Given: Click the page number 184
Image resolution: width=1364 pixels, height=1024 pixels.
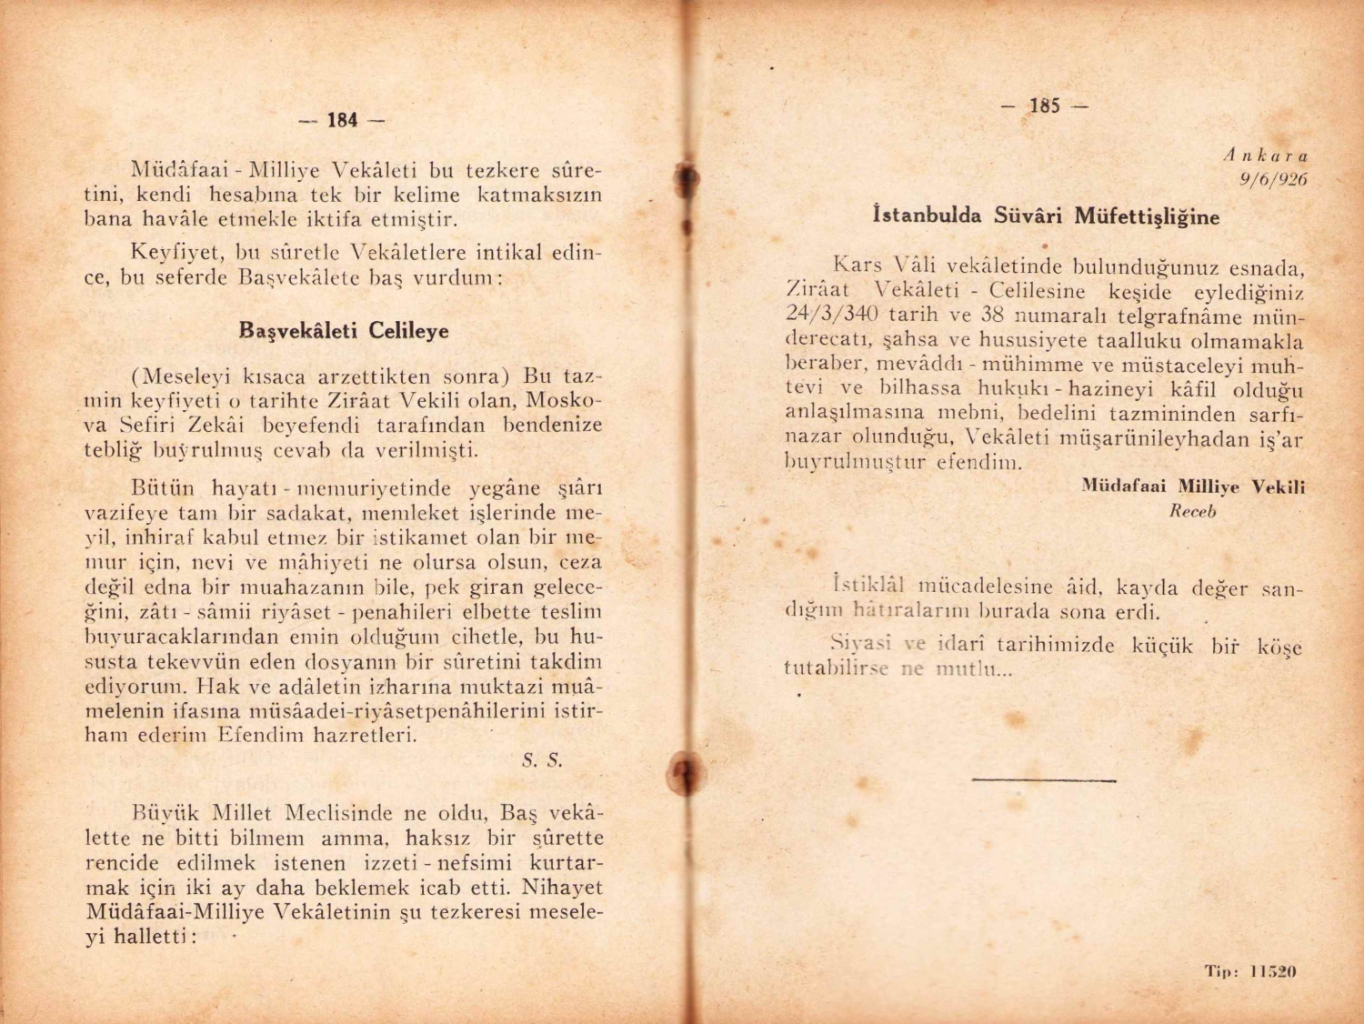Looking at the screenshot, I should tap(342, 120).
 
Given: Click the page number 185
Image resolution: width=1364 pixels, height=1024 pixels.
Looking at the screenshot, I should tap(1045, 105).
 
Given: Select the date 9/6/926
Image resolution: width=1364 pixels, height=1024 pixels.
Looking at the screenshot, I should tap(1273, 179).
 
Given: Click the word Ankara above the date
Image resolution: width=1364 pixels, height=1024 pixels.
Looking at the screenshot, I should tap(1265, 156).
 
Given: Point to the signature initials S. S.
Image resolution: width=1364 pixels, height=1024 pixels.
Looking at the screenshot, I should tap(542, 760).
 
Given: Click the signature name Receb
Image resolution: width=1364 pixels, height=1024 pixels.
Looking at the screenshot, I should tap(1192, 511).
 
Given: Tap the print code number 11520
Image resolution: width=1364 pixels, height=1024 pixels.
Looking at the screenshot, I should tap(1272, 971).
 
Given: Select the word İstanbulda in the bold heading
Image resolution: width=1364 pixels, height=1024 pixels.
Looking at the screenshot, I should tap(927, 216).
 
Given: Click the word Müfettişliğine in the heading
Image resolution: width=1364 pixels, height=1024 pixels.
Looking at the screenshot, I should tap(1147, 216).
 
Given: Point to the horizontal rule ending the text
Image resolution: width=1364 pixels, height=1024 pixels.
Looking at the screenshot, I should tap(1043, 779).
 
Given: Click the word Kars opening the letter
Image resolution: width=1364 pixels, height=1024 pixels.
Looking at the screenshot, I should tap(858, 266).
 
